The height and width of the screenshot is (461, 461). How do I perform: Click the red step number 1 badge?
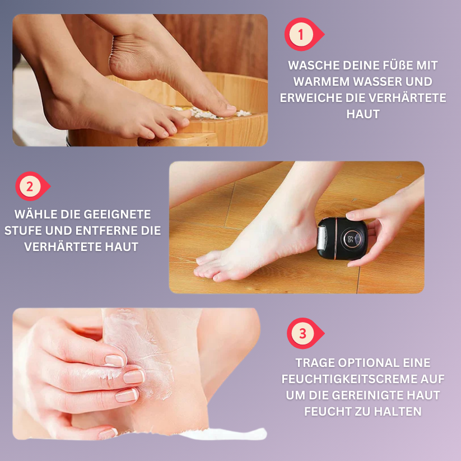click(x=304, y=34)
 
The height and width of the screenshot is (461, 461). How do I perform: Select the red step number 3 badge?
click(x=305, y=333)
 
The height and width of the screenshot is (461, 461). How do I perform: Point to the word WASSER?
click(x=378, y=81)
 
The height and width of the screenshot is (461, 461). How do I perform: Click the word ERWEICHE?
click(x=310, y=97)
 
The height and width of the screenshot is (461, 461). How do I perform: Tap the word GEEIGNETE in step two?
click(x=120, y=215)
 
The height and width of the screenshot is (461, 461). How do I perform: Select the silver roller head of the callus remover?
click(x=322, y=239)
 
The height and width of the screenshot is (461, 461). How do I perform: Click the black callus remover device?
click(x=342, y=239)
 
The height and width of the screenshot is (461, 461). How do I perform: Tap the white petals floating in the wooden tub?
click(x=211, y=113)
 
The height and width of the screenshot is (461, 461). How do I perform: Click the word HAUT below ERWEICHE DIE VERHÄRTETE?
click(x=363, y=114)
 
